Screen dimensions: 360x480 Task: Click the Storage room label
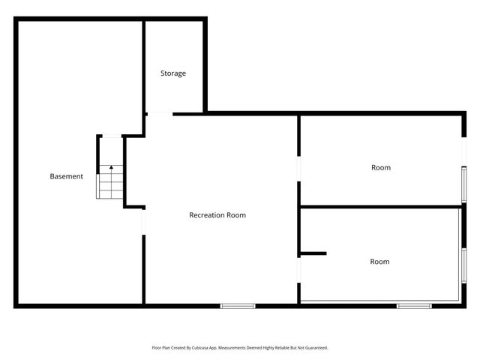[x=173, y=73]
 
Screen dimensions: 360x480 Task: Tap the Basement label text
[x=66, y=176]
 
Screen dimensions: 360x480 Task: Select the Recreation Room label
[x=217, y=215]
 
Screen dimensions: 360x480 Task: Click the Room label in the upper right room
[x=381, y=167]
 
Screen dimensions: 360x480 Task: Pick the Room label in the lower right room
[x=379, y=262]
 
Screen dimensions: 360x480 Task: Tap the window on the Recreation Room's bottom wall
[x=238, y=305]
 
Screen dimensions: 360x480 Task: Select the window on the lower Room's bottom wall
[x=414, y=305]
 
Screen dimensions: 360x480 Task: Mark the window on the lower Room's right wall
[x=463, y=265]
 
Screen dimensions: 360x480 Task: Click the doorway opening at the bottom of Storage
[x=159, y=113]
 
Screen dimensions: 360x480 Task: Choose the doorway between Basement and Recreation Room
[x=143, y=221]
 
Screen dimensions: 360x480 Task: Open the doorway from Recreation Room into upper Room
[x=298, y=170]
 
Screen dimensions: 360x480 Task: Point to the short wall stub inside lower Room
[x=313, y=253]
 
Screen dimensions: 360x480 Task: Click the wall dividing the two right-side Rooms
[x=380, y=206]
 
